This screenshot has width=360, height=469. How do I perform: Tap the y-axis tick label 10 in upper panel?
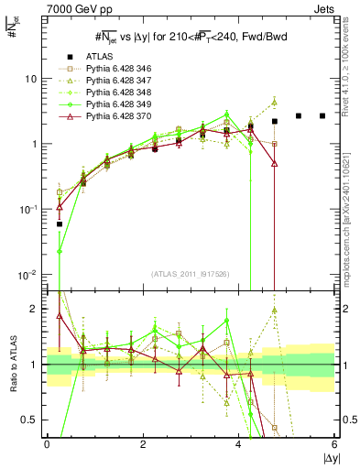[31, 79]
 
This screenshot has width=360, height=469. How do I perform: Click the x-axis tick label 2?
[143, 444]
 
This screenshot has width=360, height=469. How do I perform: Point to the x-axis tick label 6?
[334, 444]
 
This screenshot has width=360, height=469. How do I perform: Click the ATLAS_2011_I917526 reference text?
[191, 275]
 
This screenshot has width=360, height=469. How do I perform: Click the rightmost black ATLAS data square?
[322, 115]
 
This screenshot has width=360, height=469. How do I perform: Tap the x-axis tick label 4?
[239, 444]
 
